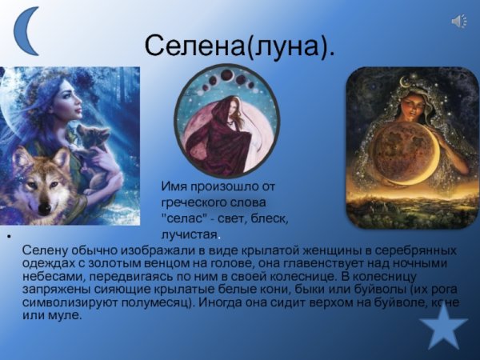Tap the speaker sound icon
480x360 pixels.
pos(459,22)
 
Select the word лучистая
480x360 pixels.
pos(189,234)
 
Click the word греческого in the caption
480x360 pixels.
pos(197,202)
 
